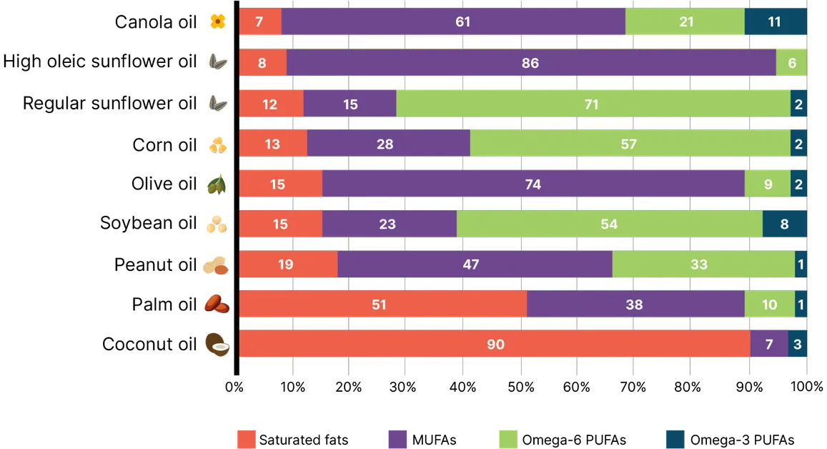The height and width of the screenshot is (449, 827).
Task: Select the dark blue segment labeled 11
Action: pyautogui.click(x=776, y=22)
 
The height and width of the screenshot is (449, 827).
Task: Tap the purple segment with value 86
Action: pyautogui.click(x=531, y=63)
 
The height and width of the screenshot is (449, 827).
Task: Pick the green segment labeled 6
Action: pyautogui.click(x=791, y=63)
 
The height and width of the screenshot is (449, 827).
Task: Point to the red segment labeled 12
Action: pyautogui.click(x=271, y=104)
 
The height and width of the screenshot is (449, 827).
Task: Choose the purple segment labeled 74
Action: pyautogui.click(x=533, y=184)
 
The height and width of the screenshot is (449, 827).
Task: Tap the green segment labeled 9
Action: pyautogui.click(x=767, y=184)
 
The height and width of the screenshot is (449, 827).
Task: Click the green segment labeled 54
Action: pyautogui.click(x=609, y=224)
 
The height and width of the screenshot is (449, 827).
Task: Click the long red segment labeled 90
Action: pyautogui.click(x=495, y=345)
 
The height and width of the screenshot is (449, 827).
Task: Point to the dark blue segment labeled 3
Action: pyautogui.click(x=798, y=345)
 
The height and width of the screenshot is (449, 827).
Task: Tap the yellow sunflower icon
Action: pyautogui.click(x=217, y=22)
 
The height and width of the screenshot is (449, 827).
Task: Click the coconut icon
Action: pyautogui.click(x=217, y=345)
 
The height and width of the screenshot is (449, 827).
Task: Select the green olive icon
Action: pyautogui.click(x=217, y=185)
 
